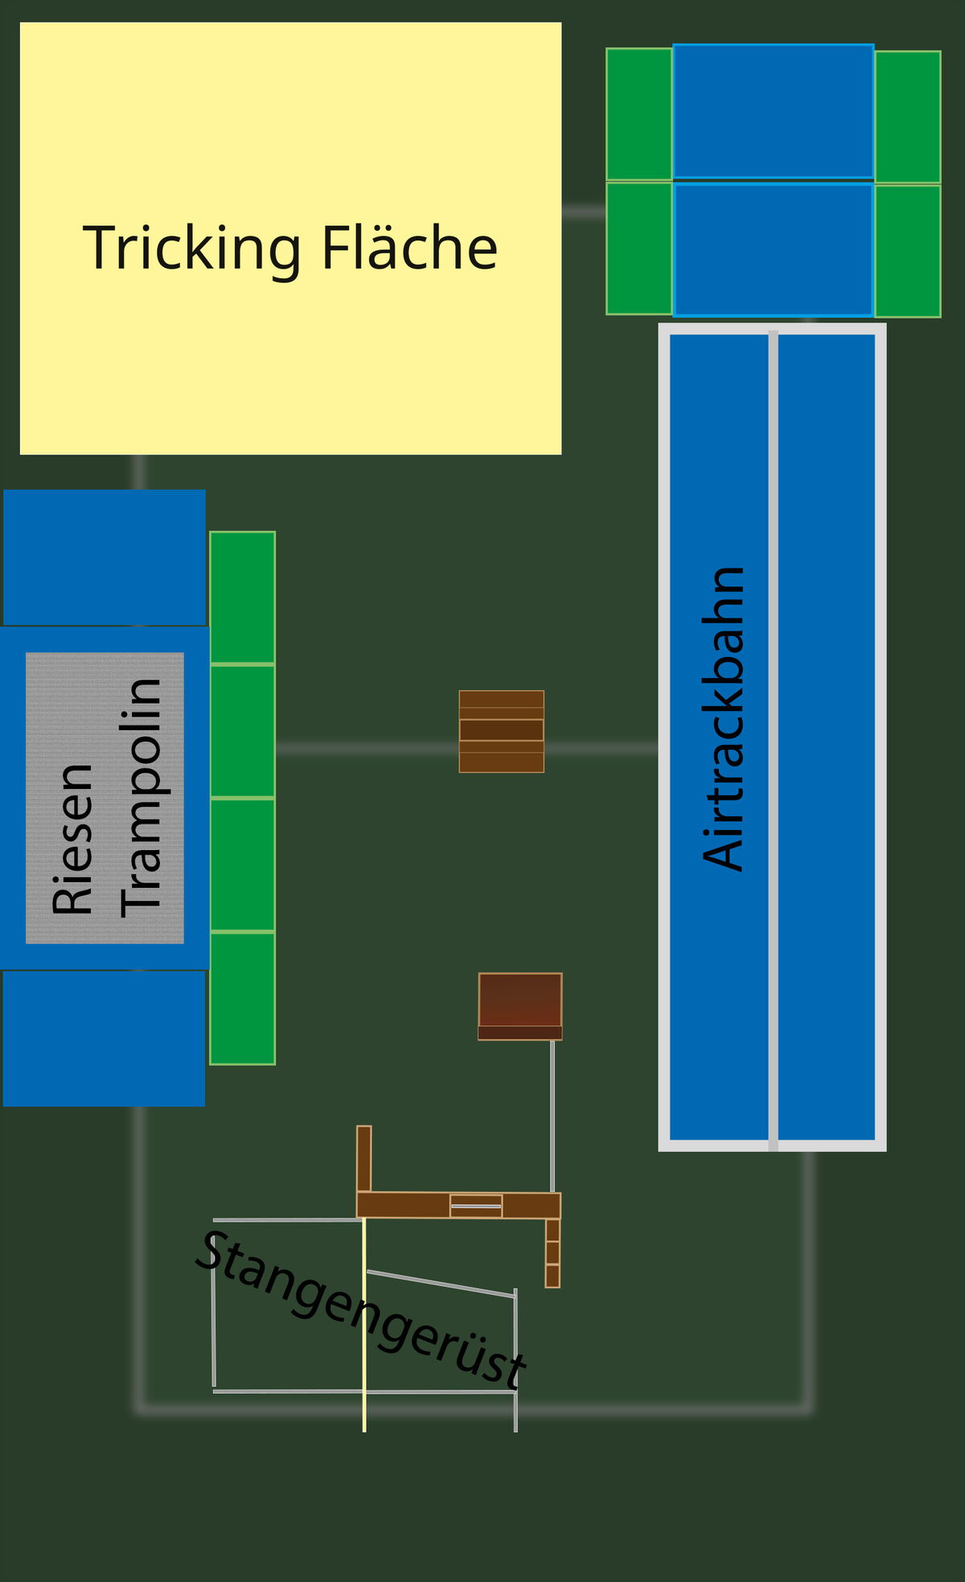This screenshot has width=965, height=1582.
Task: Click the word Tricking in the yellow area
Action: [x=192, y=249]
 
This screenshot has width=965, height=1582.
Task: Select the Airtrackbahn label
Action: [x=724, y=719]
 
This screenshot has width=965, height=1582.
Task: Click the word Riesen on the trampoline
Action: [x=72, y=839]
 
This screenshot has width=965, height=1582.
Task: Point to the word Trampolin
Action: [x=142, y=798]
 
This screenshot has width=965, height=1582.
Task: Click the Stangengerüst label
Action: [x=361, y=1309]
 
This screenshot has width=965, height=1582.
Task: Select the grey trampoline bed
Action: [x=105, y=798]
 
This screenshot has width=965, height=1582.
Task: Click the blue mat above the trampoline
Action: [x=105, y=557]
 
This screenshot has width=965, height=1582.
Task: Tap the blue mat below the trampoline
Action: [x=104, y=1038]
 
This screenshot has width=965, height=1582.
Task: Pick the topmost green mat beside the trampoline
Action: [x=243, y=598]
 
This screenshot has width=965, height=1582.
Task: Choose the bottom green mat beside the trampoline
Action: [x=243, y=999]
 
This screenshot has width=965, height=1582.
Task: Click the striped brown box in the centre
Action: [x=502, y=731]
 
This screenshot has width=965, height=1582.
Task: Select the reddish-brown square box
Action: [x=520, y=1006]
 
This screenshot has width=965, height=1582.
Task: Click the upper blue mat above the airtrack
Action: [x=774, y=111]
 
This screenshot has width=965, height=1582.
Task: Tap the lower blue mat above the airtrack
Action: [x=774, y=250]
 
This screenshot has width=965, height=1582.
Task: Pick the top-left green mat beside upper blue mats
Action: [x=639, y=114]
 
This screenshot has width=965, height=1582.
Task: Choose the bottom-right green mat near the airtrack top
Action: [x=908, y=251]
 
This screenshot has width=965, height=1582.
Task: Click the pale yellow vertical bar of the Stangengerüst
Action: [x=364, y=1325]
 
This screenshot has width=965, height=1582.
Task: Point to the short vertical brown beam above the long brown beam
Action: [x=364, y=1159]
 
